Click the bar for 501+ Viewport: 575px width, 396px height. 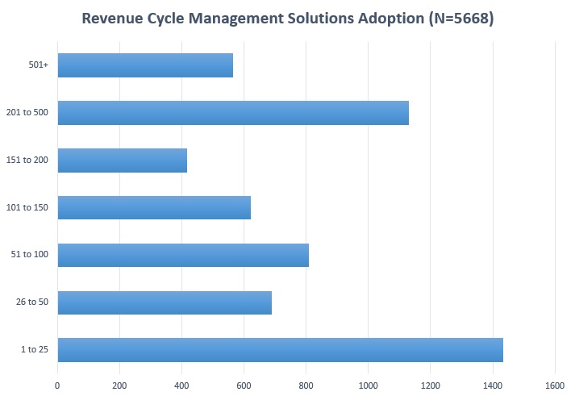(145, 65)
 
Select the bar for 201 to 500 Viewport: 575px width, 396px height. (233, 113)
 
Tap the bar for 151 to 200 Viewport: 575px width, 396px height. (123, 160)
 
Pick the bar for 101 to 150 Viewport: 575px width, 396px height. (154, 207)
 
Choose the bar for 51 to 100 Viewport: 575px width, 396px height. (183, 255)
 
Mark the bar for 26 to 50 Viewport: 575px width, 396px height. (165, 302)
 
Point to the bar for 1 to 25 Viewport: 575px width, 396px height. (280, 350)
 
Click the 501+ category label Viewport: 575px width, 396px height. (38, 65)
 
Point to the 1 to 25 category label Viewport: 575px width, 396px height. (34, 350)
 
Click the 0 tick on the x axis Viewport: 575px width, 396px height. (57, 386)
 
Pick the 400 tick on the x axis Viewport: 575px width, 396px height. (181, 386)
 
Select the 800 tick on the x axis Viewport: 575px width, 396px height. (306, 386)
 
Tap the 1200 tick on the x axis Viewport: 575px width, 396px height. (430, 386)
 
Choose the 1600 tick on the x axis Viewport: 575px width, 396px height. (554, 386)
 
